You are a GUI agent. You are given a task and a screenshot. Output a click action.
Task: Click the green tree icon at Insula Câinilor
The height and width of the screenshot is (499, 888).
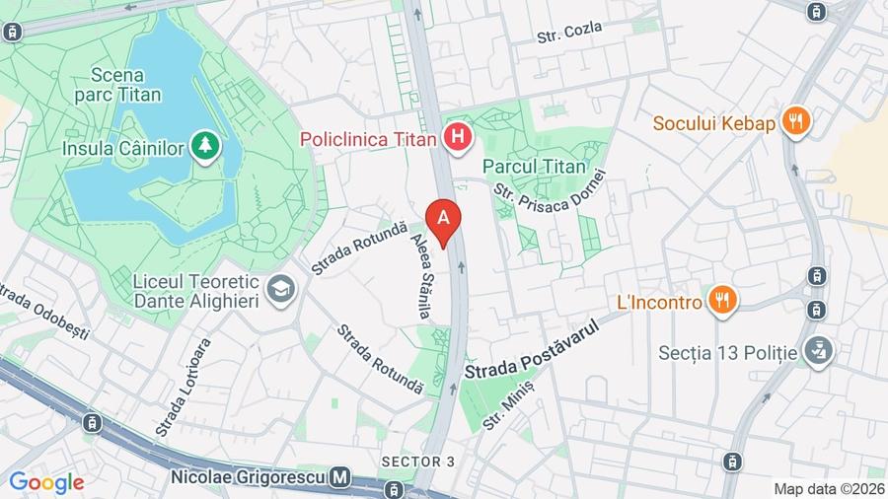coord(206,146)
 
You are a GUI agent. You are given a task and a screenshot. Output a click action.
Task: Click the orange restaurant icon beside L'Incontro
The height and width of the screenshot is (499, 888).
coord(722,301)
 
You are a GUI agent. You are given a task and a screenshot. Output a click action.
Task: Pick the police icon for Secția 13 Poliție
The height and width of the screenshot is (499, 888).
coord(818,351)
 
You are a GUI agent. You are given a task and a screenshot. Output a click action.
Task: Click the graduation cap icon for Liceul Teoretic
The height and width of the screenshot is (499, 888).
coord(282,290)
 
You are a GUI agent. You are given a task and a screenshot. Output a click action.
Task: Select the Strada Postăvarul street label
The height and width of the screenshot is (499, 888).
coord(531,350)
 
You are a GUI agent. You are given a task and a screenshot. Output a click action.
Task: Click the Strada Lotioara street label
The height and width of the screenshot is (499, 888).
coord(184,388)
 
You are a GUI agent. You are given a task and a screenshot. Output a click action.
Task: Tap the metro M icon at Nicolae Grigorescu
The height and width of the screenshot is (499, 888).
coord(340,477)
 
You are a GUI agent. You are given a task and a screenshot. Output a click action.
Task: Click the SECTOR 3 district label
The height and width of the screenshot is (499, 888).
coord(418,462)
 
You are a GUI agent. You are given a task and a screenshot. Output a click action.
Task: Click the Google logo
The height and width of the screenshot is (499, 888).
coord(45,483)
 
